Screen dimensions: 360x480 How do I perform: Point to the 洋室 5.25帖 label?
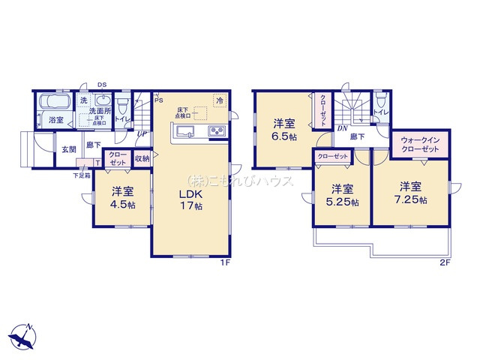(x=340, y=194)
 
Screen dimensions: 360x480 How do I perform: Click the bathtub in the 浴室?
(x=53, y=103)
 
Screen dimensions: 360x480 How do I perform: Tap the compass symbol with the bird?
(x=22, y=335)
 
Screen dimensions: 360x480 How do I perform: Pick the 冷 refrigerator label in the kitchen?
(x=220, y=100)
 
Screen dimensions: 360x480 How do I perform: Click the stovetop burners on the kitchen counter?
(x=216, y=133)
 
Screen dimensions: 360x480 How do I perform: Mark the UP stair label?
(x=141, y=134)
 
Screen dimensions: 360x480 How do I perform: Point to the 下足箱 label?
(x=82, y=175)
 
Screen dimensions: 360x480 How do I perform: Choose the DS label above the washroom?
(x=101, y=84)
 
